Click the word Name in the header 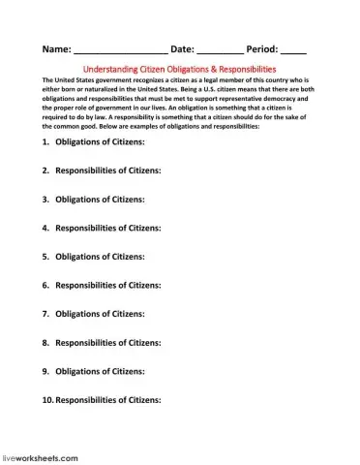(56, 46)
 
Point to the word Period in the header (261, 46)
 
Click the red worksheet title (179, 69)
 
